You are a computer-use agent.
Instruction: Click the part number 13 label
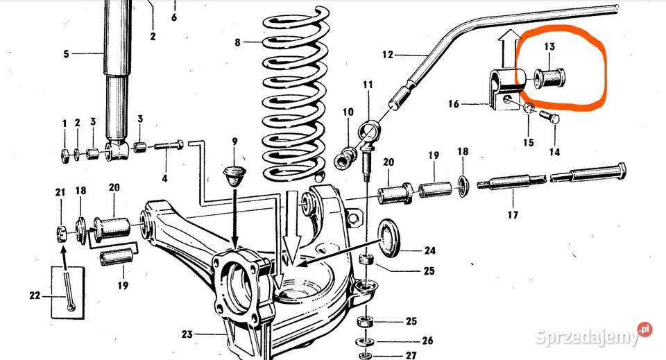(549, 46)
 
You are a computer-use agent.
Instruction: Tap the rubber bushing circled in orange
(549, 78)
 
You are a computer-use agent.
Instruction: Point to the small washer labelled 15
(529, 108)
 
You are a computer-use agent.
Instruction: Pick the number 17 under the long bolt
(513, 215)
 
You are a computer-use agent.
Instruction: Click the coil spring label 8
(237, 42)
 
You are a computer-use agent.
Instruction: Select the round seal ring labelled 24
(388, 238)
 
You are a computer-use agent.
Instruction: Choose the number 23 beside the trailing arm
(187, 334)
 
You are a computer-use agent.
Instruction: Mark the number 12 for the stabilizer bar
(388, 55)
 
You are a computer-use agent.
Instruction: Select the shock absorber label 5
(67, 54)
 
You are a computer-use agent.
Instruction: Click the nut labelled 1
(65, 156)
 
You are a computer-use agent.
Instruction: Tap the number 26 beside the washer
(427, 341)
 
